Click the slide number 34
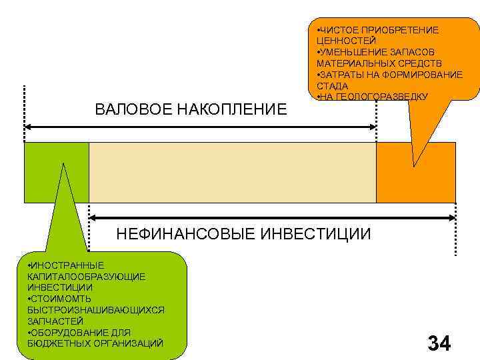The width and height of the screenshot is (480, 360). click(439, 343)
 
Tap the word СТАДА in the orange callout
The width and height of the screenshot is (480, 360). click(331, 86)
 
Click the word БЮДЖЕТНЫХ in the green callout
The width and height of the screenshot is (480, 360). click(56, 343)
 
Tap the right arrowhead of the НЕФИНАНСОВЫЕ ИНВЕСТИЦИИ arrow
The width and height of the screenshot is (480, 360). click(453, 217)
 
